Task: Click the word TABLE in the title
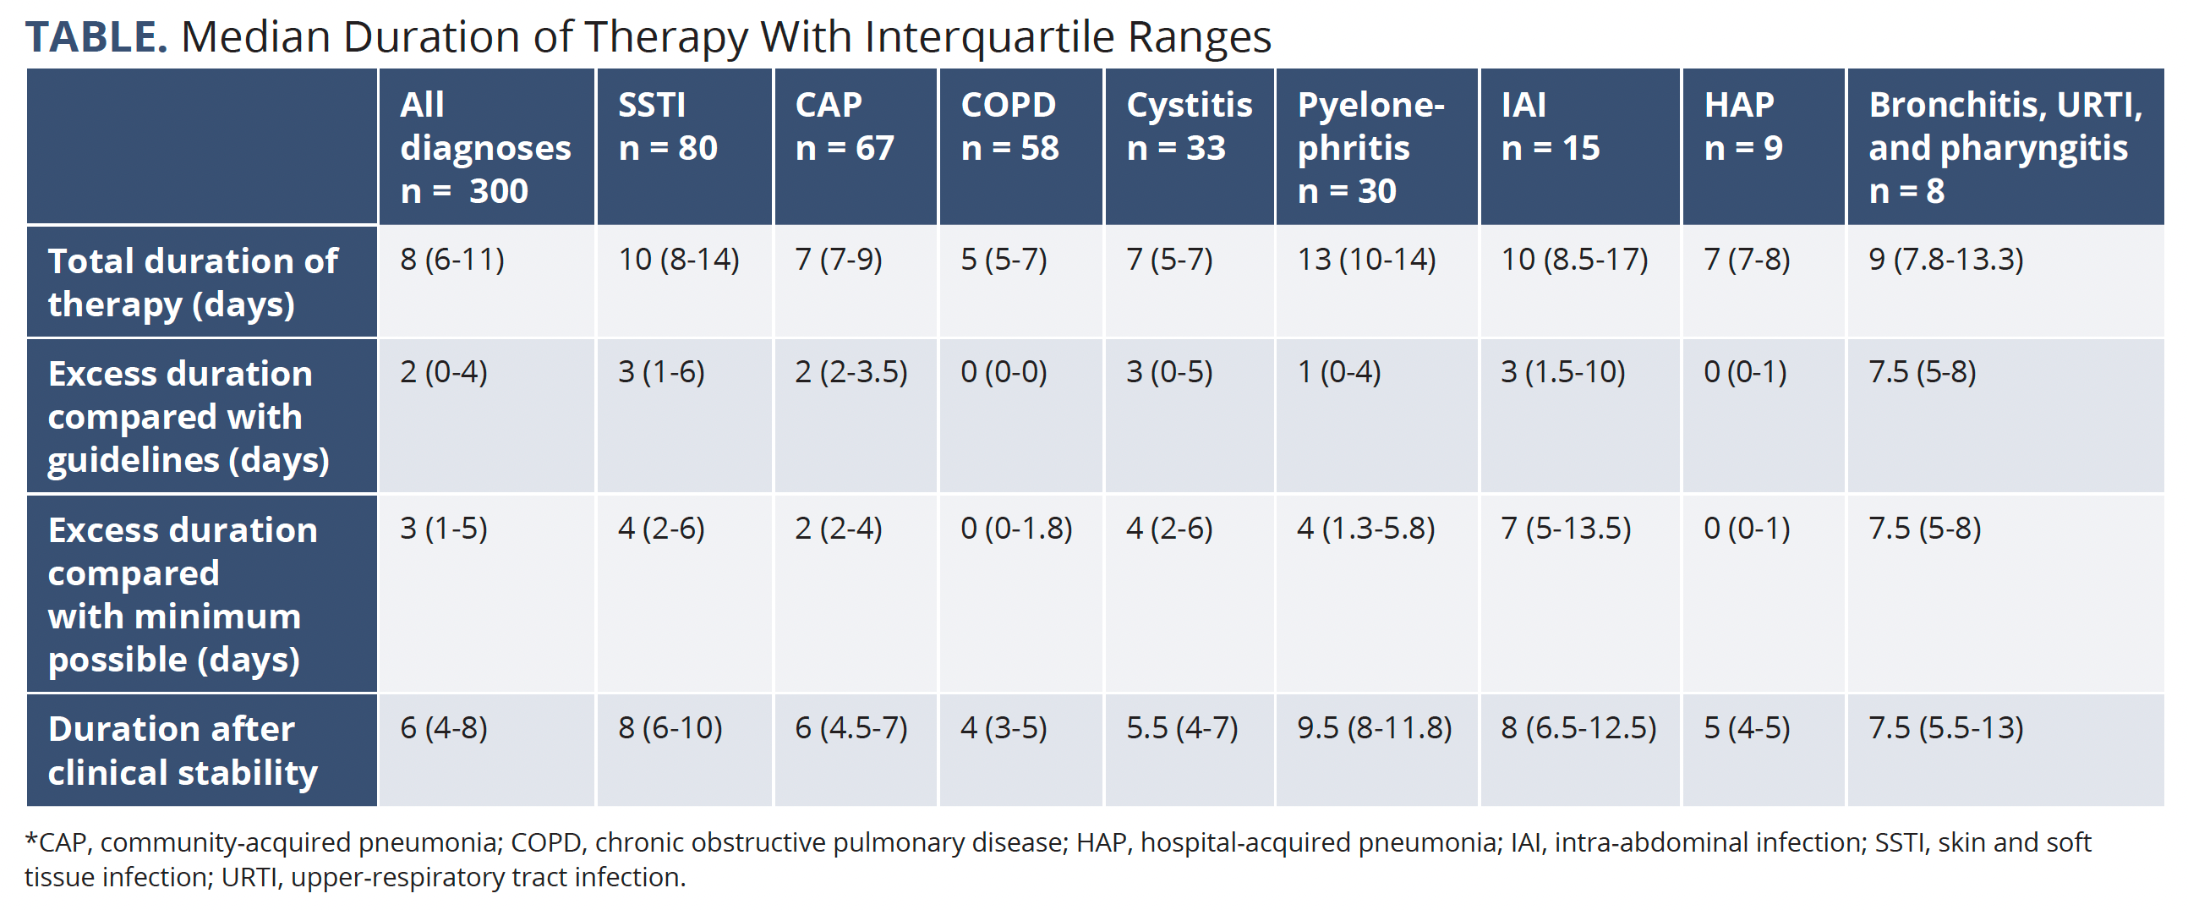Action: pyautogui.click(x=96, y=37)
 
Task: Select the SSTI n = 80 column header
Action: pyautogui.click(x=668, y=127)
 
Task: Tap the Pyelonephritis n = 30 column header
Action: pyautogui.click(x=1370, y=148)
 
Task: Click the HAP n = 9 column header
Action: pyautogui.click(x=1742, y=127)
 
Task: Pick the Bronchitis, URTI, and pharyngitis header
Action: pyautogui.click(x=2005, y=148)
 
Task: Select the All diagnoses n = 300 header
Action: pyautogui.click(x=485, y=148)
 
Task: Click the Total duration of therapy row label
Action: pyautogui.click(x=193, y=282)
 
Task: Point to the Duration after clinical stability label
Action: pyautogui.click(x=182, y=750)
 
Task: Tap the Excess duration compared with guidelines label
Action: pyautogui.click(x=188, y=416)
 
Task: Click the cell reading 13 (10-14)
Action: pyautogui.click(x=1365, y=259)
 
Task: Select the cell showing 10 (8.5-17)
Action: pyautogui.click(x=1574, y=259)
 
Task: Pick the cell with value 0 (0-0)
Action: pyautogui.click(x=1004, y=372)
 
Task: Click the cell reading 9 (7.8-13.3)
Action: pyautogui.click(x=1945, y=259)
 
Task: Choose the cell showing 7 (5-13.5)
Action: pyautogui.click(x=1566, y=529)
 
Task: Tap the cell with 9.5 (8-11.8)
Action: pyautogui.click(x=1374, y=728)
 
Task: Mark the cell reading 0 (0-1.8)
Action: pyautogui.click(x=1016, y=529)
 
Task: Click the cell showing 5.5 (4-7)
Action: pyautogui.click(x=1181, y=728)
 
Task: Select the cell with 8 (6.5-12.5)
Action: pyautogui.click(x=1578, y=728)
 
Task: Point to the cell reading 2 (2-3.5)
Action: pyautogui.click(x=851, y=372)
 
